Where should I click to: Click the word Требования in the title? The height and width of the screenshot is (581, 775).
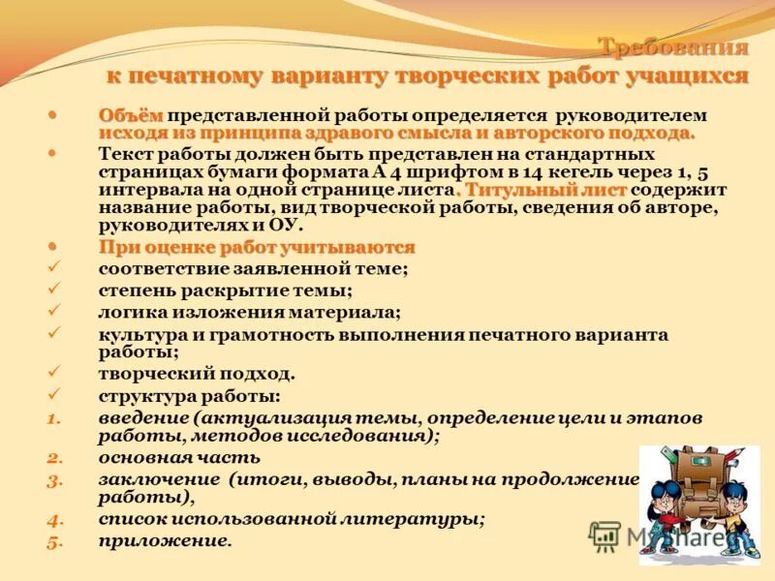(672, 47)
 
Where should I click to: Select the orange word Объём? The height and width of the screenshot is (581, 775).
(131, 115)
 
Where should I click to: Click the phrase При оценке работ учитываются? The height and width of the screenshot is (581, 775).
(257, 248)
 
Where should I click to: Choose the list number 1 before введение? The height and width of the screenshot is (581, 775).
(54, 417)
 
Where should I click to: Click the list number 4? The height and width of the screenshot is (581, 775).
(54, 520)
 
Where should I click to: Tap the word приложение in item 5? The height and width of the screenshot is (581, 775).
(165, 541)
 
